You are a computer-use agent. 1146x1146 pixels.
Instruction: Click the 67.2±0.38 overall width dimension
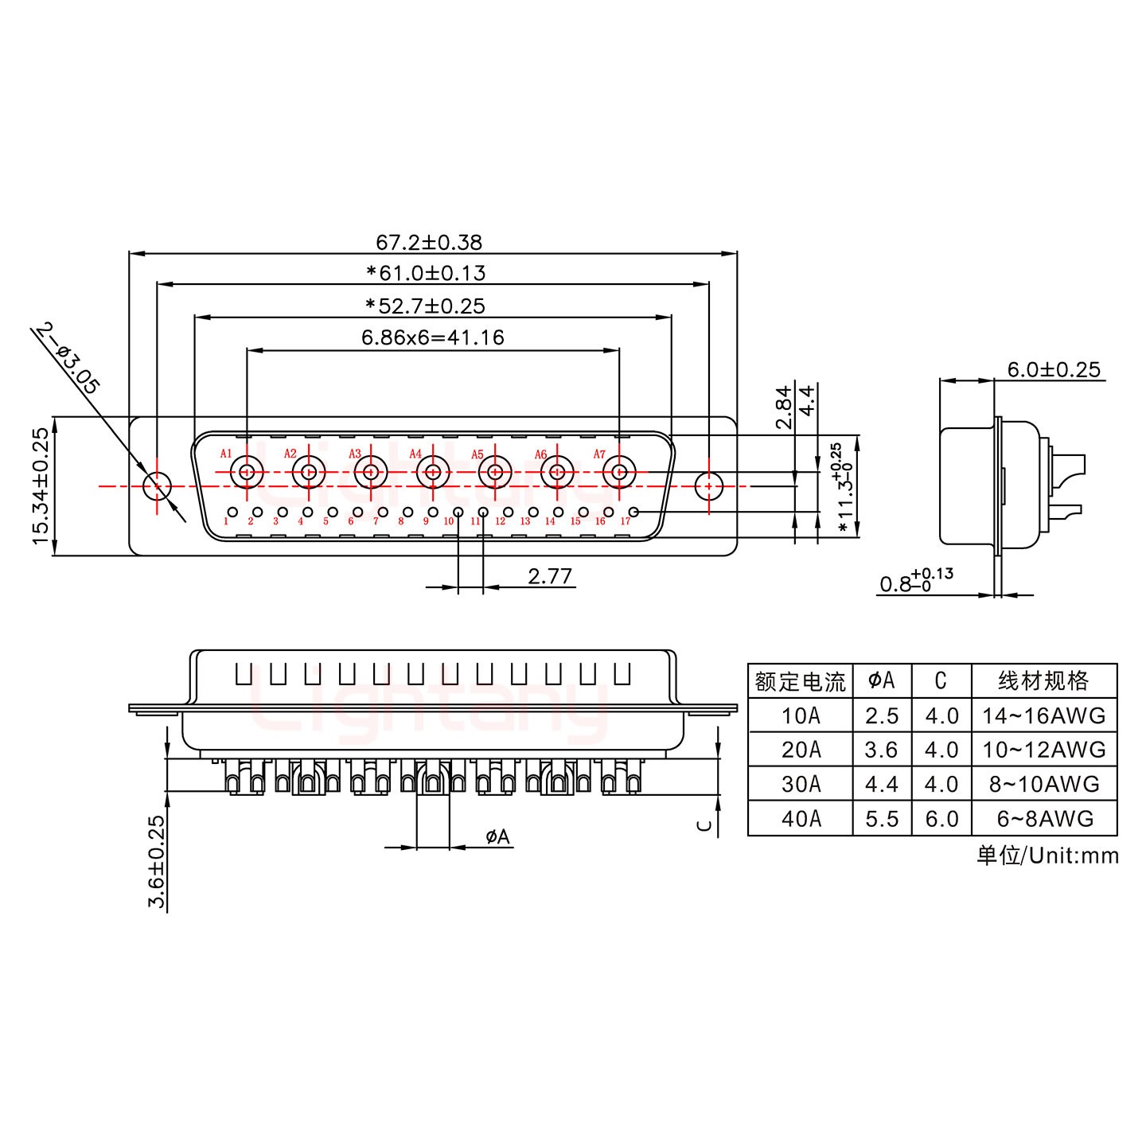tap(428, 242)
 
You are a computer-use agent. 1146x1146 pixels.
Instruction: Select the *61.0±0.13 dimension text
tap(426, 274)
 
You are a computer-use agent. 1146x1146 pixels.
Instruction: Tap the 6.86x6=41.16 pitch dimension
tap(432, 337)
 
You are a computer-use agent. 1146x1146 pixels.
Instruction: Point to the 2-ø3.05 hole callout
tap(68, 359)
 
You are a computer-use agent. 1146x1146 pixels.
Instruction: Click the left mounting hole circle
tap(157, 485)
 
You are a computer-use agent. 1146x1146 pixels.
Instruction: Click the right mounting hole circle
tap(707, 485)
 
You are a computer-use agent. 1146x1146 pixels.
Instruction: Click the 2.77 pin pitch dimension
tap(550, 575)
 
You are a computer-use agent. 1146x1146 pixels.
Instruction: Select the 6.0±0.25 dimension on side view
tap(1053, 369)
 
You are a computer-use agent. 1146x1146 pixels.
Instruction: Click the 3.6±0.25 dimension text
tap(157, 862)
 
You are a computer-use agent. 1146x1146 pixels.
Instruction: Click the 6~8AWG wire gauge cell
tap(1043, 818)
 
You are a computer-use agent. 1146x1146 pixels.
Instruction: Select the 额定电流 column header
tap(800, 681)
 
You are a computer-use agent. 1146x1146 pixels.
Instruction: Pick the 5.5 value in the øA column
tap(882, 818)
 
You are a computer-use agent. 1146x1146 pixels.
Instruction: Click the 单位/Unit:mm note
tap(1047, 856)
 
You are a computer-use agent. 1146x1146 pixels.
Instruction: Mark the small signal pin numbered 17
tap(633, 512)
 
